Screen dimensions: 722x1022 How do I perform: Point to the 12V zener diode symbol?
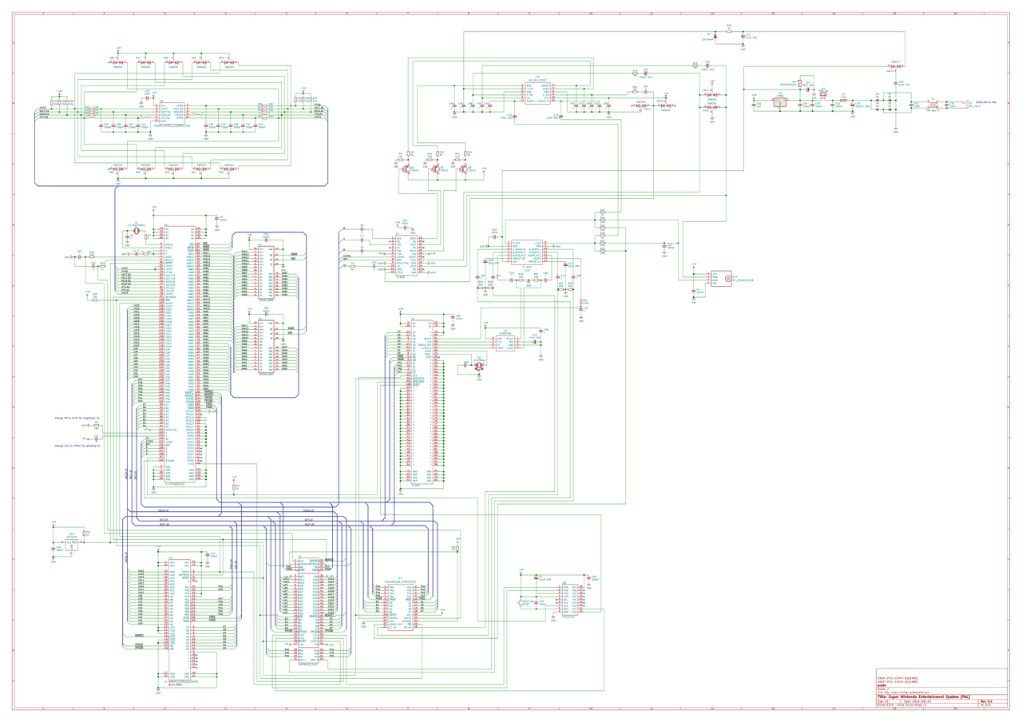coord(715,37)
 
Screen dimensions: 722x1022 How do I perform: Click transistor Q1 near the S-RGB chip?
coord(406,169)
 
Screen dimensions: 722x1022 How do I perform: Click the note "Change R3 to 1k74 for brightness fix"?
coord(81,418)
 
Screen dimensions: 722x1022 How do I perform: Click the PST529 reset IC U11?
coord(72,543)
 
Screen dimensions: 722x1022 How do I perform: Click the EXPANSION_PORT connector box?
coord(399,603)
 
